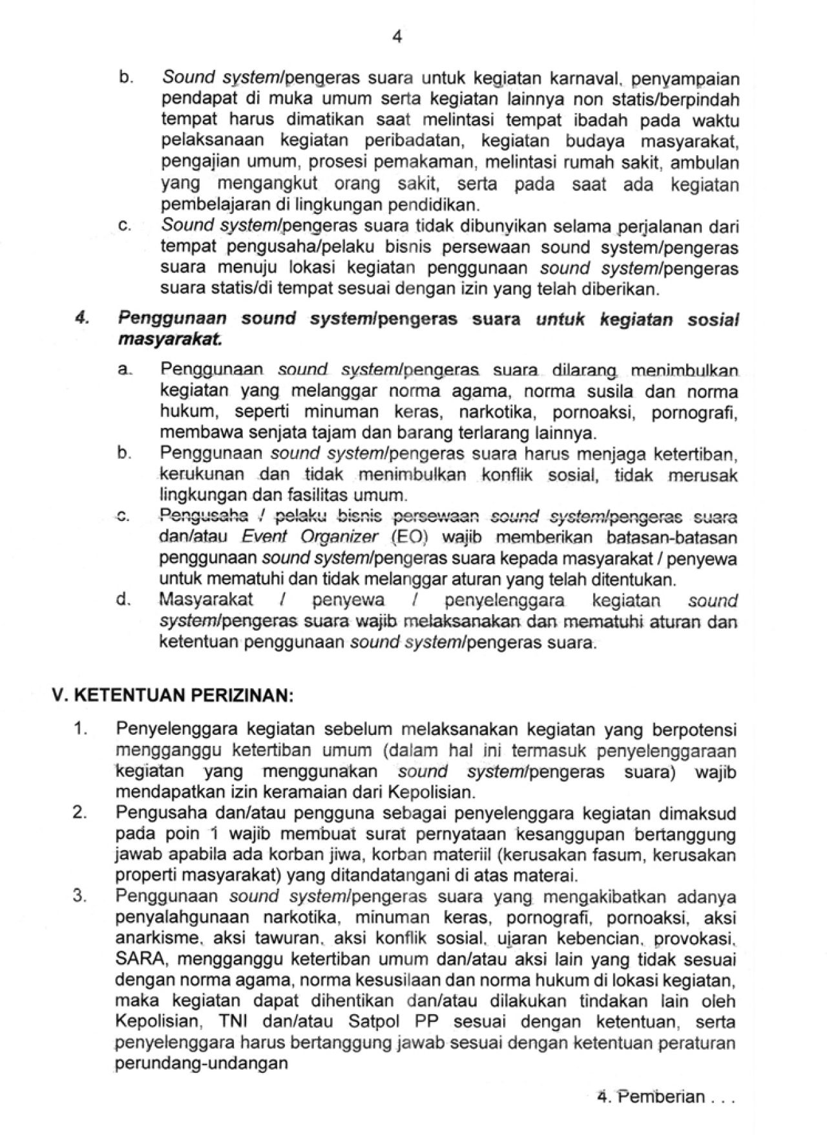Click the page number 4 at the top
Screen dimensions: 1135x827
pyautogui.click(x=397, y=37)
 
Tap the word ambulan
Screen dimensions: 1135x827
pyautogui.click(x=709, y=163)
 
